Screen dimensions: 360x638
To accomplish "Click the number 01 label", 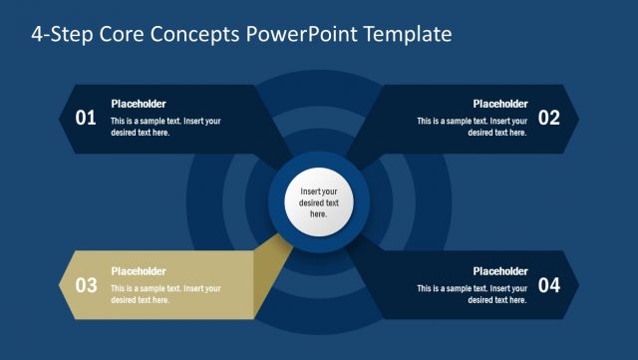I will coord(86,118).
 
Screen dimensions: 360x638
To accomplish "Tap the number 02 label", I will coord(549,118).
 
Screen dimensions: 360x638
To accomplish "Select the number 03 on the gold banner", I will coord(86,285).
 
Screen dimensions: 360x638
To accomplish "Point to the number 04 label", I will coord(549,285).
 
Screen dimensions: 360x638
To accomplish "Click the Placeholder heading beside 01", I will coord(139,104).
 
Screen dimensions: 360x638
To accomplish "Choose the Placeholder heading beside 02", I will coord(499,104).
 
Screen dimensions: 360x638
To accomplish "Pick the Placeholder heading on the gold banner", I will coord(139,271).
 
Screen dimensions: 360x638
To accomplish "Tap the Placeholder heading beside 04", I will coord(499,271).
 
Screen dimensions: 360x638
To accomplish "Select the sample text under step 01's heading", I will coord(165,127).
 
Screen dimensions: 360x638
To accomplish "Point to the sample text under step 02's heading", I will coord(472,127).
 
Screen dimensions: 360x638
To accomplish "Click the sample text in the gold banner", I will coord(165,294).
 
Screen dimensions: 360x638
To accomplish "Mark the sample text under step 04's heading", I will coord(472,294).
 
